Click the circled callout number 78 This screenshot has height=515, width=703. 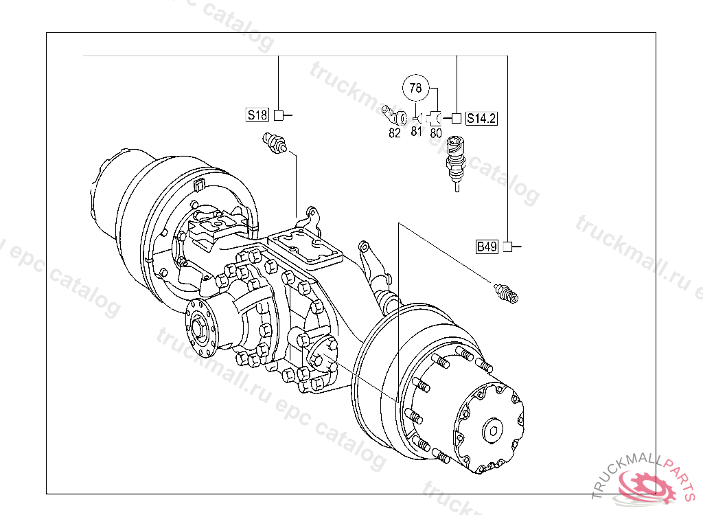[415, 87]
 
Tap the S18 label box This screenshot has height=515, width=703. [257, 115]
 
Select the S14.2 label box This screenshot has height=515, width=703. [481, 118]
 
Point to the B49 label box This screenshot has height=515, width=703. [487, 247]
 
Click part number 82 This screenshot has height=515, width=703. [395, 133]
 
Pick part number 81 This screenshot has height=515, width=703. [417, 131]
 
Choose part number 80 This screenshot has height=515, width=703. [436, 133]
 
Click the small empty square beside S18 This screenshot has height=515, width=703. [279, 115]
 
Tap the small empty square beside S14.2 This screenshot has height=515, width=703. [456, 118]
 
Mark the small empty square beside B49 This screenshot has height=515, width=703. [507, 247]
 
